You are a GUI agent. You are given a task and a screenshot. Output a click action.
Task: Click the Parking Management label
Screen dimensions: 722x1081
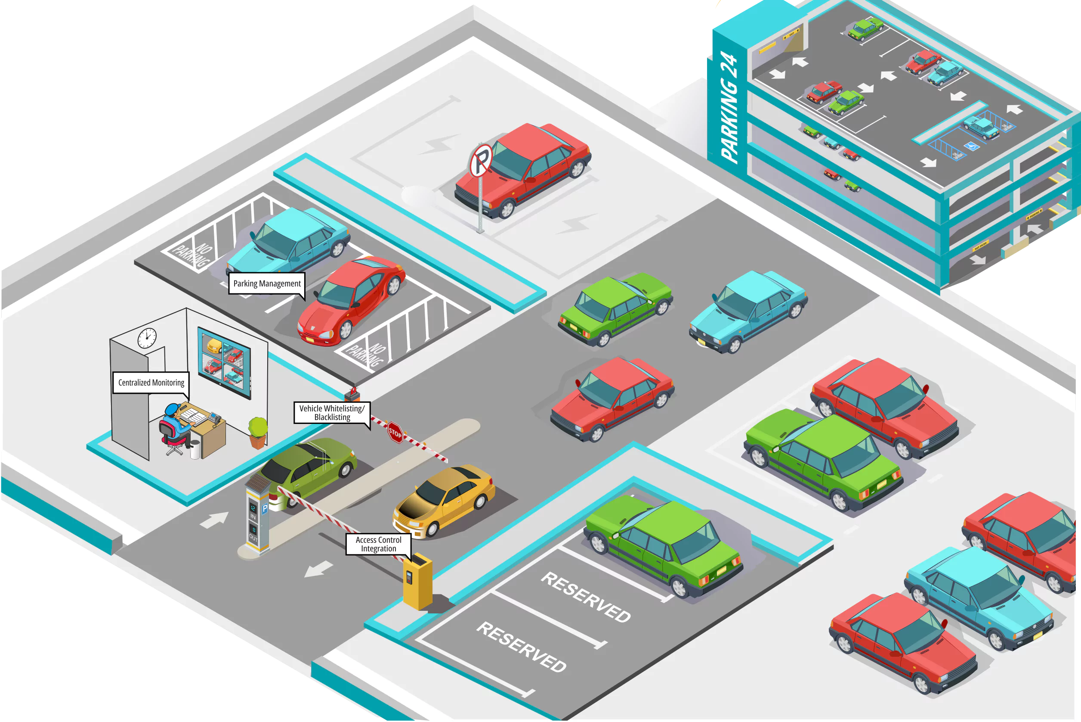267,283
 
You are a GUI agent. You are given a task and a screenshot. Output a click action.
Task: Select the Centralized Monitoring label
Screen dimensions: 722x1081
151,383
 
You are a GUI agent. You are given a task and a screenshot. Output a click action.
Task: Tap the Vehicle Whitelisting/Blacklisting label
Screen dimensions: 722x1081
332,413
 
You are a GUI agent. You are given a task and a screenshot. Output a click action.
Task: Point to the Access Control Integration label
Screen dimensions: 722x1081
378,544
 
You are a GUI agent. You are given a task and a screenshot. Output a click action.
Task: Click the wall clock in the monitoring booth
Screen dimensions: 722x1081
147,338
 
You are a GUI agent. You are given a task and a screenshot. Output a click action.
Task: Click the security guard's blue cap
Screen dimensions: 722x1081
172,409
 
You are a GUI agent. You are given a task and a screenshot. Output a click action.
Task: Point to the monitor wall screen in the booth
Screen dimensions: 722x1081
225,362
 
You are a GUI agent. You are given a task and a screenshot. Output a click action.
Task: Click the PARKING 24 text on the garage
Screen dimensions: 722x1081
729,108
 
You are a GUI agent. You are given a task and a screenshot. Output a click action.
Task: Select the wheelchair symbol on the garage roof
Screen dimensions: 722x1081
972,146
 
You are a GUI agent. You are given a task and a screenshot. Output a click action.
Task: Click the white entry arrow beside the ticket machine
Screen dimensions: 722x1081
215,520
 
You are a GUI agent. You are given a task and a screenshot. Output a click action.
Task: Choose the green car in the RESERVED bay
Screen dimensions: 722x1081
662,543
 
